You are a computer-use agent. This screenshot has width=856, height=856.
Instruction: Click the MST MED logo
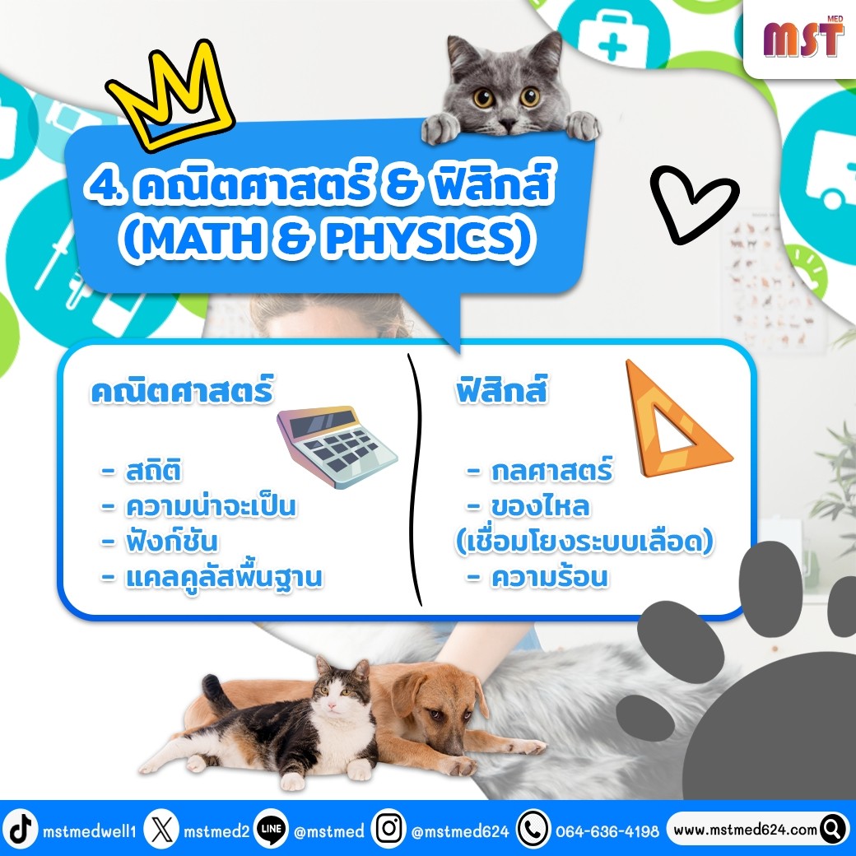(x=803, y=37)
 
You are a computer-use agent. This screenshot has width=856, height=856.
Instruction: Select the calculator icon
(x=337, y=446)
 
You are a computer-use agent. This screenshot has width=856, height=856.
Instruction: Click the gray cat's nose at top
(x=507, y=125)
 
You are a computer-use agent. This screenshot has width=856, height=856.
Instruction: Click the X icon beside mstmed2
(x=162, y=830)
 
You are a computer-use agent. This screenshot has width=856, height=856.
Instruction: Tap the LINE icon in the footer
(x=272, y=830)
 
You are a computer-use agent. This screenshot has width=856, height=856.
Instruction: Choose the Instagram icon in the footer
(x=388, y=829)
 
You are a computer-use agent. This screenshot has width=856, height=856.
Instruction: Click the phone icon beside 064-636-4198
(x=533, y=829)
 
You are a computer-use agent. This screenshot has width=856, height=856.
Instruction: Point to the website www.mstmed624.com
(x=745, y=830)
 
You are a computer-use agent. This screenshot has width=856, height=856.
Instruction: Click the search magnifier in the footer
(x=833, y=830)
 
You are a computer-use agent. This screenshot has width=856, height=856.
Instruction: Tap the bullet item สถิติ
(x=153, y=471)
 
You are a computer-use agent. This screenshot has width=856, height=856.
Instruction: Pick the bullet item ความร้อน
(x=549, y=576)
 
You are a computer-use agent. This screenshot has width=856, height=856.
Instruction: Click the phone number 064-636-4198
(x=607, y=830)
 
